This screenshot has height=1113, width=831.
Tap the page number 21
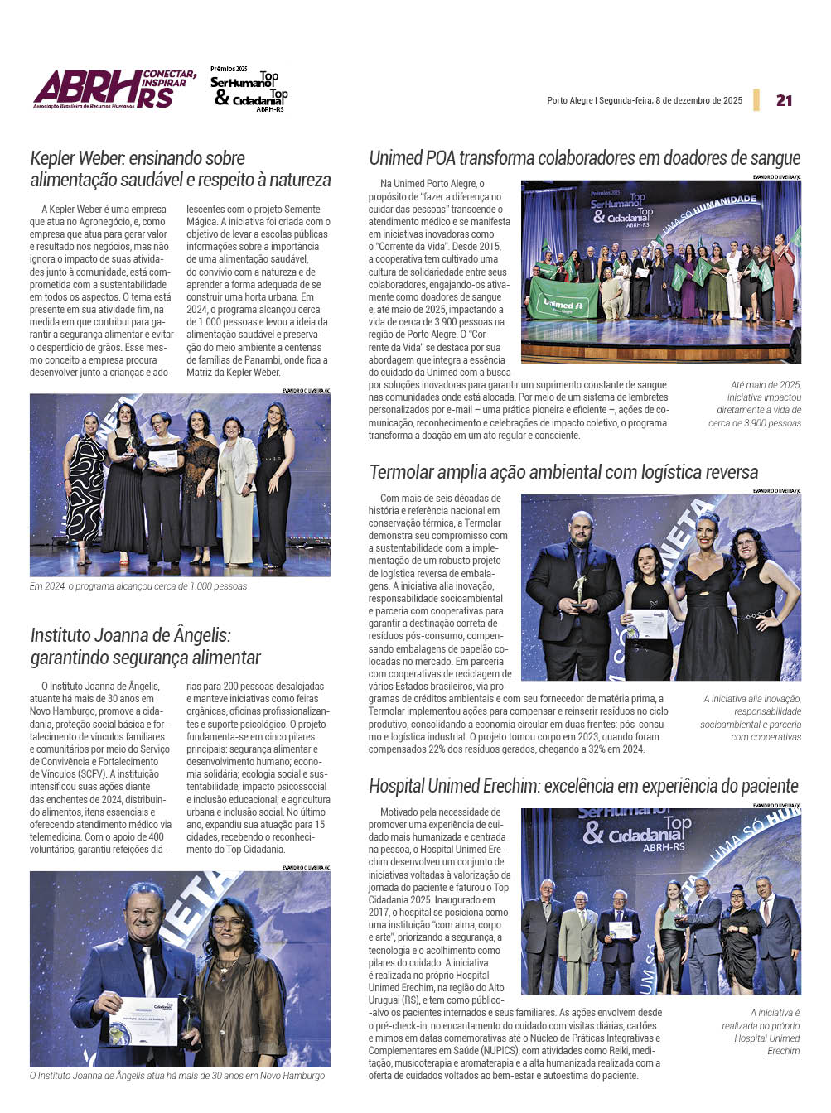point(784,100)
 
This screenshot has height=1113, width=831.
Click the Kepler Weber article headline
point(180,169)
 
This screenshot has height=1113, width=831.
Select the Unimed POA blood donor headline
point(584,158)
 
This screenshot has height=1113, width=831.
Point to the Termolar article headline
point(563,472)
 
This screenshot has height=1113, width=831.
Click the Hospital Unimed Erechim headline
point(583,786)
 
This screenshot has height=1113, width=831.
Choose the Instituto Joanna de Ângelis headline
point(146,647)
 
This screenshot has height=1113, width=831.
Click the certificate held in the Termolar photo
point(649,624)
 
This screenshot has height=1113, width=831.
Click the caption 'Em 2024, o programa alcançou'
point(138,586)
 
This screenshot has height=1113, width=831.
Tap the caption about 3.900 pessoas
point(756,404)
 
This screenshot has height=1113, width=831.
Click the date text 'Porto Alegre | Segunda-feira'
point(645,101)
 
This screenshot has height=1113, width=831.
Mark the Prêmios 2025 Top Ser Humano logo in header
point(249,89)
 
